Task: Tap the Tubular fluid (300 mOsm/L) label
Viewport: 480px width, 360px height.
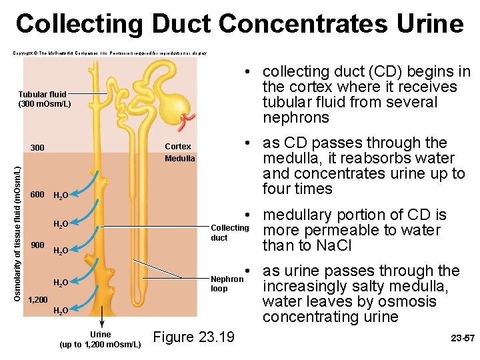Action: [45, 99]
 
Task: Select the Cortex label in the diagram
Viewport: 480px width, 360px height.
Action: [177, 147]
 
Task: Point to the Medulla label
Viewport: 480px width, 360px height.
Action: [180, 159]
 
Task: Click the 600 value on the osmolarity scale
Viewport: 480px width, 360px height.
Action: [37, 195]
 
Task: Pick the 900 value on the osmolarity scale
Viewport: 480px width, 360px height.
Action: [37, 245]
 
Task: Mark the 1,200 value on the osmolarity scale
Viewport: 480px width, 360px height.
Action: [38, 301]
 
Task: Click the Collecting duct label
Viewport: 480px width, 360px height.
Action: [229, 233]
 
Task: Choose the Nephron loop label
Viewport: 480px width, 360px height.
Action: [227, 284]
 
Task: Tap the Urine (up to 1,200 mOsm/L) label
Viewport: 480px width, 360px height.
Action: [100, 339]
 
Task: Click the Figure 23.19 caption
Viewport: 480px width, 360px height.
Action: [194, 337]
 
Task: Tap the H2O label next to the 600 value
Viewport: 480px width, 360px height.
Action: [60, 196]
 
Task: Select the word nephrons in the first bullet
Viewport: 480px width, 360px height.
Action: [296, 118]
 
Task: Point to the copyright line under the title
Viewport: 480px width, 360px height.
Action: [110, 52]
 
